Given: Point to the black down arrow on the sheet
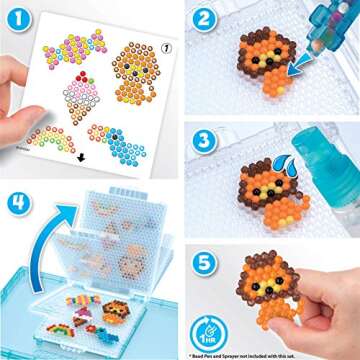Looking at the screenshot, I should (x=81, y=157).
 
